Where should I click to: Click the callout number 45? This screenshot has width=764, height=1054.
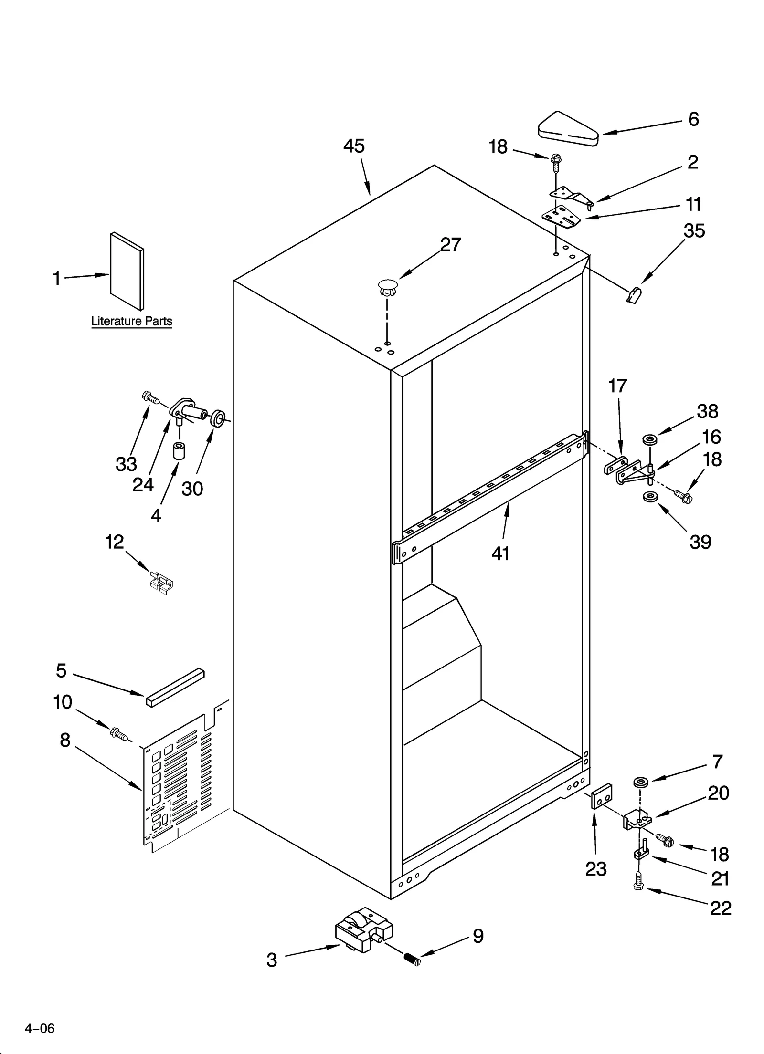click(354, 146)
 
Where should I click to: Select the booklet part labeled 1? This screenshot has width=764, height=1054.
click(127, 271)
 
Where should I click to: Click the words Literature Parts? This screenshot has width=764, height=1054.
click(131, 321)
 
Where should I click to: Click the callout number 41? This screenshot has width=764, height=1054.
click(500, 553)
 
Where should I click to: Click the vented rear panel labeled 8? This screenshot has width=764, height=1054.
click(184, 783)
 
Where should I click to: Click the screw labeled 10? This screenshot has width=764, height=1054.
click(119, 733)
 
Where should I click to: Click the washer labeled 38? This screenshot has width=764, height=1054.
click(649, 438)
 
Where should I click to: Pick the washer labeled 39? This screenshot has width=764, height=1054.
click(649, 497)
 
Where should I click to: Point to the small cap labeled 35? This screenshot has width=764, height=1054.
click(634, 296)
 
